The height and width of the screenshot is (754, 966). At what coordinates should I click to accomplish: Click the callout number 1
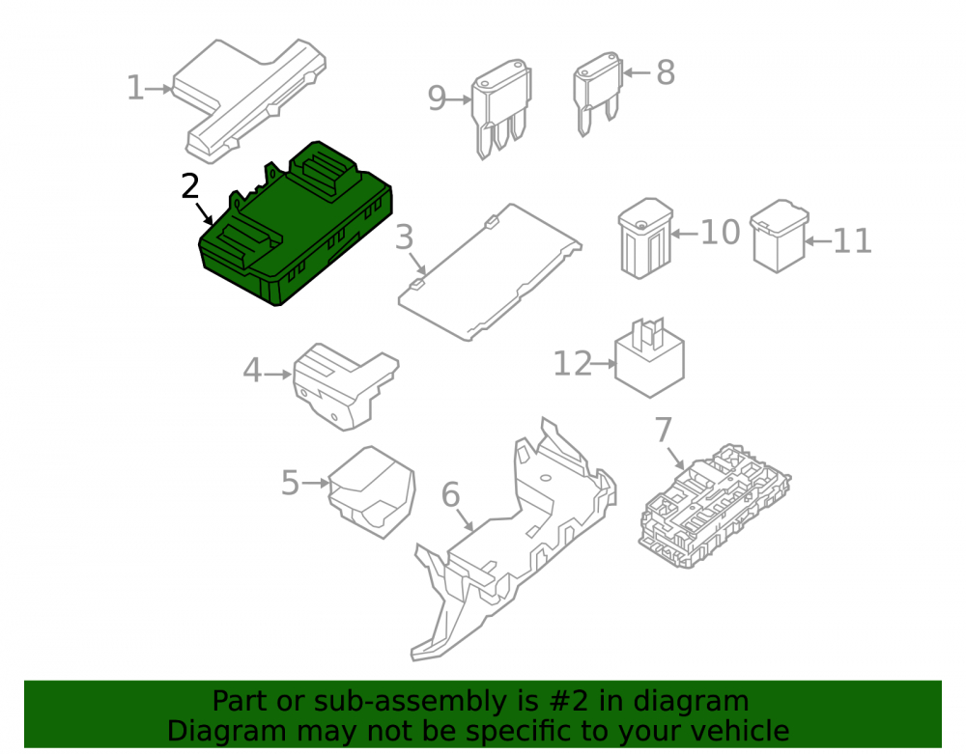click(135, 88)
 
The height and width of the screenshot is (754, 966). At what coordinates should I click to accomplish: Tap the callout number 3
click(404, 237)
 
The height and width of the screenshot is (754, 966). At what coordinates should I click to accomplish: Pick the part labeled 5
click(372, 491)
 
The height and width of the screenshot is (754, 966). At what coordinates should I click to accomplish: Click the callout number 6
click(451, 494)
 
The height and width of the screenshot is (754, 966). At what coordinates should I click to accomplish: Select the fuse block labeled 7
click(715, 505)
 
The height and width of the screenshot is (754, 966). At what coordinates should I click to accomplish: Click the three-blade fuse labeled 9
click(501, 108)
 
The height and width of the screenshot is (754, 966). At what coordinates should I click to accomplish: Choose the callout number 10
click(721, 232)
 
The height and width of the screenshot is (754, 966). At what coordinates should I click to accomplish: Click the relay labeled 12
click(649, 357)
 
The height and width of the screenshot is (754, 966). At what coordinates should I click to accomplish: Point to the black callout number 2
click(190, 186)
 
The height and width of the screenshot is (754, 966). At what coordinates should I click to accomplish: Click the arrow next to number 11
click(818, 241)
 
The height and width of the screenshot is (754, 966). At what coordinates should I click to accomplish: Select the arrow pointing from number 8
click(637, 72)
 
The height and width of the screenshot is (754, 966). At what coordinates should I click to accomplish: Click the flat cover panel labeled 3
click(490, 271)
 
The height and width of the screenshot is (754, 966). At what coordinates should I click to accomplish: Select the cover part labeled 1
click(249, 100)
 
